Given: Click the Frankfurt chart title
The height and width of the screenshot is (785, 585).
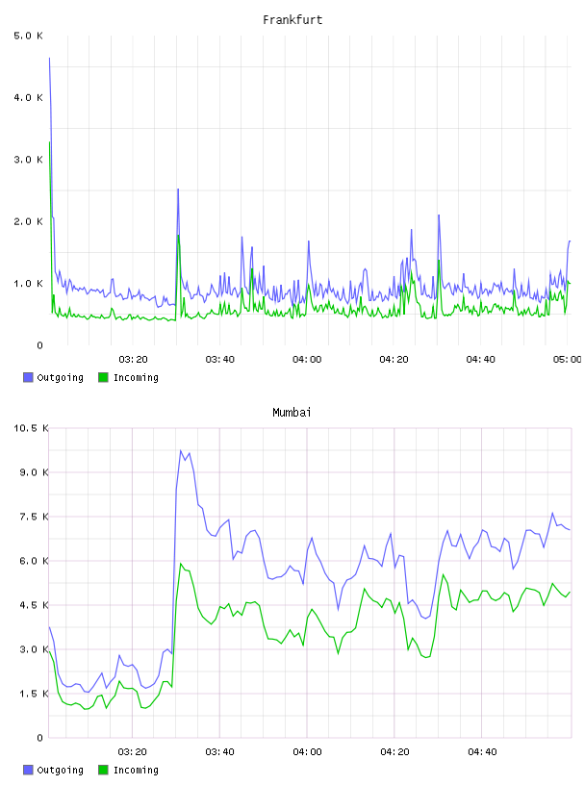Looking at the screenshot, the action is (292, 20).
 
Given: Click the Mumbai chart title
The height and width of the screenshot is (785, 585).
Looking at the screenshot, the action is (292, 413).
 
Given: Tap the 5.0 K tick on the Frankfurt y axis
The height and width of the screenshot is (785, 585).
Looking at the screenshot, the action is (29, 36).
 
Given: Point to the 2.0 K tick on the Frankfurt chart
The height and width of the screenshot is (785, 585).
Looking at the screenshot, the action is (29, 221).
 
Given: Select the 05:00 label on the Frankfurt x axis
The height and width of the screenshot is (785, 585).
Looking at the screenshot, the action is (568, 359).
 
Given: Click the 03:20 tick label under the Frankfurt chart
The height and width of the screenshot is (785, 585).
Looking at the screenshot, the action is (133, 359).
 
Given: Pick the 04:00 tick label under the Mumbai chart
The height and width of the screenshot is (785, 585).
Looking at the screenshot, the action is (307, 751).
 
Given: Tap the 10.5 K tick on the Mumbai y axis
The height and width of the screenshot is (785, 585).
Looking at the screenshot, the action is (31, 428).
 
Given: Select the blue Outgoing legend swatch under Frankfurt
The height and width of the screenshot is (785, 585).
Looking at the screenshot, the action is (28, 377).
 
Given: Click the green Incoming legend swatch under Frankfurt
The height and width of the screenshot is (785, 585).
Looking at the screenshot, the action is (103, 377).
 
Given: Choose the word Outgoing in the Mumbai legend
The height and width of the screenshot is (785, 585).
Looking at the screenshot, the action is (60, 770).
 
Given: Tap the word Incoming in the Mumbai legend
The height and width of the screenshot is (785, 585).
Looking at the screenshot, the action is (136, 770).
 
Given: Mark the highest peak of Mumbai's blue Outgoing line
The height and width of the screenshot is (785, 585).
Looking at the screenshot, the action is (181, 450).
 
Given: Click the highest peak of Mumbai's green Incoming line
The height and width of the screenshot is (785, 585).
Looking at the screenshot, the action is (181, 564).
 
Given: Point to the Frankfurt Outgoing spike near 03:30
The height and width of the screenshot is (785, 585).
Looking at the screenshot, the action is (178, 190).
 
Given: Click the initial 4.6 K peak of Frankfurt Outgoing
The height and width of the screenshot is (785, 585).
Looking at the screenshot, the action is (49, 58).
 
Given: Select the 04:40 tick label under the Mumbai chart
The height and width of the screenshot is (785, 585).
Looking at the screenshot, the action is (482, 751).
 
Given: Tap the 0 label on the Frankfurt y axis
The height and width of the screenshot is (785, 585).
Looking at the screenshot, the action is (39, 345).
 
